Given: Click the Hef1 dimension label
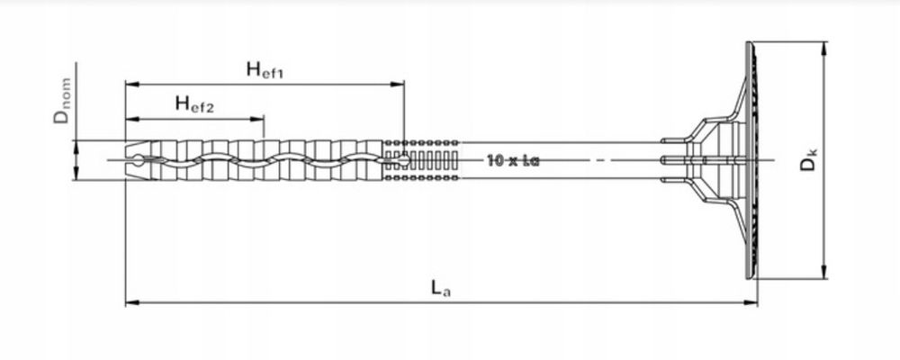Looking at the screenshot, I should [265, 70].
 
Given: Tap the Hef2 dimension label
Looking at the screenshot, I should [195, 105].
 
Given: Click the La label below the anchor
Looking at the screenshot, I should [437, 288].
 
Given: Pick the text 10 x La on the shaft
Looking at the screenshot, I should [512, 161].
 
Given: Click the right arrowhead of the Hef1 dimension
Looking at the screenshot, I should [400, 85].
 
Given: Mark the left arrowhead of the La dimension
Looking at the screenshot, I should [130, 302].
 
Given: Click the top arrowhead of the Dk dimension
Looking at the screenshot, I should [824, 47].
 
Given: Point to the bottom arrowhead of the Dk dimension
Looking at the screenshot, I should [824, 275].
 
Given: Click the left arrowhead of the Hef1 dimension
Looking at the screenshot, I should [130, 85].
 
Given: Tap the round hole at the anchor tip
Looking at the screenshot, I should [136, 161].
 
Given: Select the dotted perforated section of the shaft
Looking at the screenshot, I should [423, 161].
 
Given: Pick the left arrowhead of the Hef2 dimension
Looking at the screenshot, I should [130, 120].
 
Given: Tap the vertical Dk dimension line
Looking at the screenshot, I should [824, 216].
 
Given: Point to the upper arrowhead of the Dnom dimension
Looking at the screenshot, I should [76, 145].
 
